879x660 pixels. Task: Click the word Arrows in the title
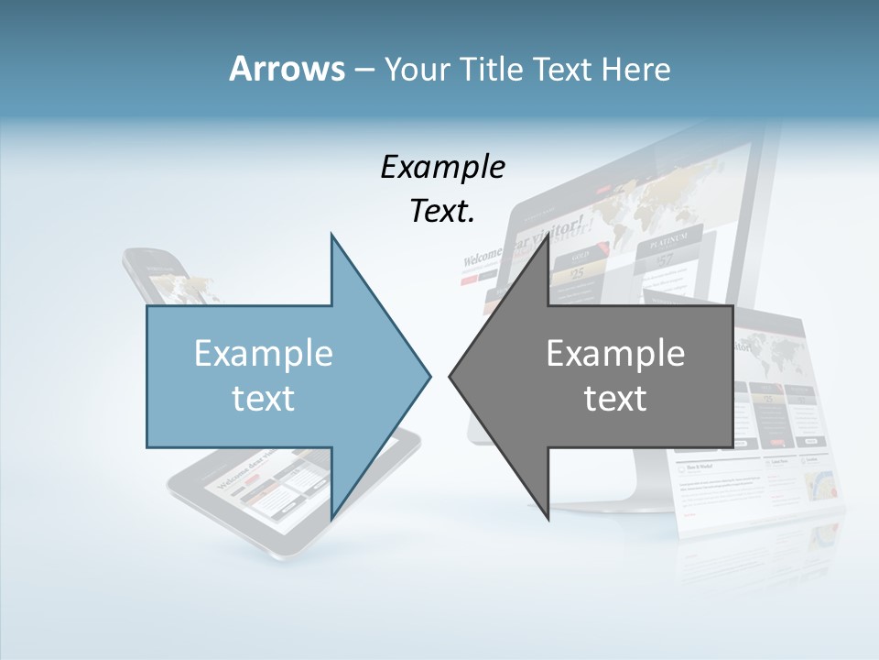click(287, 69)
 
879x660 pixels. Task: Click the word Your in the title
click(416, 69)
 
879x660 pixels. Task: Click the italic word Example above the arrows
click(442, 168)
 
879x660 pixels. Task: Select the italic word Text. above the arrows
click(442, 211)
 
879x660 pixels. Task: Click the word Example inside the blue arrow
click(264, 354)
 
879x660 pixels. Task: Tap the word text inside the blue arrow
click(264, 398)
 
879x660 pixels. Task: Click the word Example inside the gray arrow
click(615, 354)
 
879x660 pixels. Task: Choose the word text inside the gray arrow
click(615, 398)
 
